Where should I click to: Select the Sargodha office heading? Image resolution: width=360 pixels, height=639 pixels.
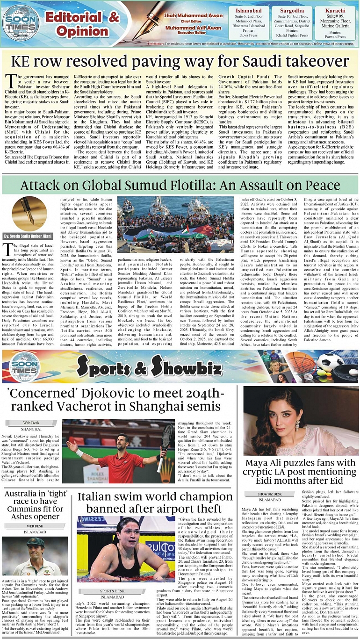coord(292,10)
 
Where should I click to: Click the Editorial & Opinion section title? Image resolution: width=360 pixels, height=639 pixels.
coord(82,24)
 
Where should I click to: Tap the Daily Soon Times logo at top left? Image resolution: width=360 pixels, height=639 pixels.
coord(20,21)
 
